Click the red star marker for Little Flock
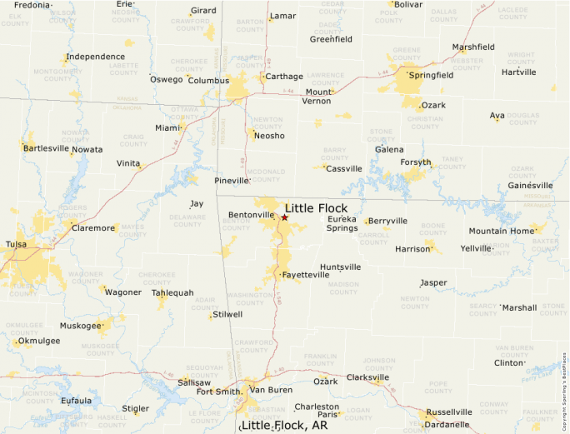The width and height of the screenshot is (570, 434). (x=284, y=217)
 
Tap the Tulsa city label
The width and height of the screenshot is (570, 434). (x=16, y=244)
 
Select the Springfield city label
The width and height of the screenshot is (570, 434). (x=431, y=75)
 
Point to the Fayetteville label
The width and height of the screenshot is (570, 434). (x=307, y=274)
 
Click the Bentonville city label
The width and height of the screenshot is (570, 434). (x=251, y=215)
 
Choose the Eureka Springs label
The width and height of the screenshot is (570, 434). (x=342, y=223)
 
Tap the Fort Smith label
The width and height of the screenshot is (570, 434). (x=217, y=392)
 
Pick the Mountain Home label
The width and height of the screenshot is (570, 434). (x=500, y=231)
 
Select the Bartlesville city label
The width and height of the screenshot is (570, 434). (x=46, y=148)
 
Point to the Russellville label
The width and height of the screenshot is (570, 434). (x=449, y=412)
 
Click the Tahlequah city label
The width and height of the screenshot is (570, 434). (x=172, y=292)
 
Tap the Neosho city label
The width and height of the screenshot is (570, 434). (x=269, y=136)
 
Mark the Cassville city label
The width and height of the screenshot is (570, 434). (x=344, y=168)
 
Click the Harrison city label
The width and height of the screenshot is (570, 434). (x=412, y=248)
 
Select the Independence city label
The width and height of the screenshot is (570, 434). (x=96, y=57)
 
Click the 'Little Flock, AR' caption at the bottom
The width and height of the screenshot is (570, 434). (x=284, y=425)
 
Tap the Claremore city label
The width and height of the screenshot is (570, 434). (x=93, y=227)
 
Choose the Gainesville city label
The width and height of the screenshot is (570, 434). (x=530, y=185)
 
